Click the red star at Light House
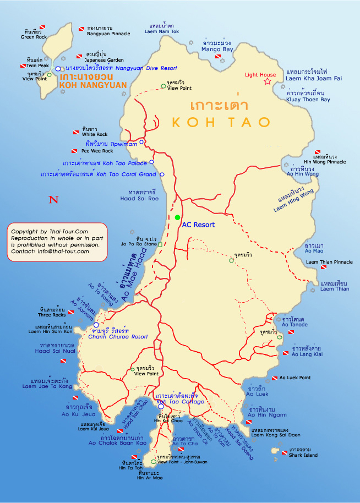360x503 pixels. click(268, 81)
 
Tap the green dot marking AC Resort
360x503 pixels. click(177, 218)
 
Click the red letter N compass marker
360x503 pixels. click(53, 200)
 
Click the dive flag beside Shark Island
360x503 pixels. click(284, 453)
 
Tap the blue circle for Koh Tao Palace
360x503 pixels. click(152, 162)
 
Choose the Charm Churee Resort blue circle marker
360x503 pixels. click(96, 325)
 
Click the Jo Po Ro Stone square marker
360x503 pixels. click(160, 244)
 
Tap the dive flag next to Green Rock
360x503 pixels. click(42, 27)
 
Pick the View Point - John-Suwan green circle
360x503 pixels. click(154, 462)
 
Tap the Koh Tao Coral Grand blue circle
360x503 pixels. click(162, 174)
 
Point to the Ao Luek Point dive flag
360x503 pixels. click(274, 378)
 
